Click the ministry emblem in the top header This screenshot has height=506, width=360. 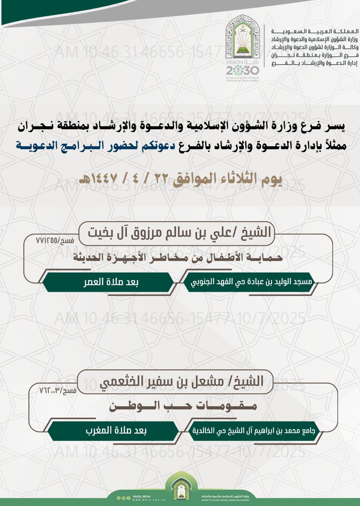(x=243, y=39)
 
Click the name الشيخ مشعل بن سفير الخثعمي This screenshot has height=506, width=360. (x=176, y=381)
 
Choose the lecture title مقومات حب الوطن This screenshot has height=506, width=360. (x=181, y=406)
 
